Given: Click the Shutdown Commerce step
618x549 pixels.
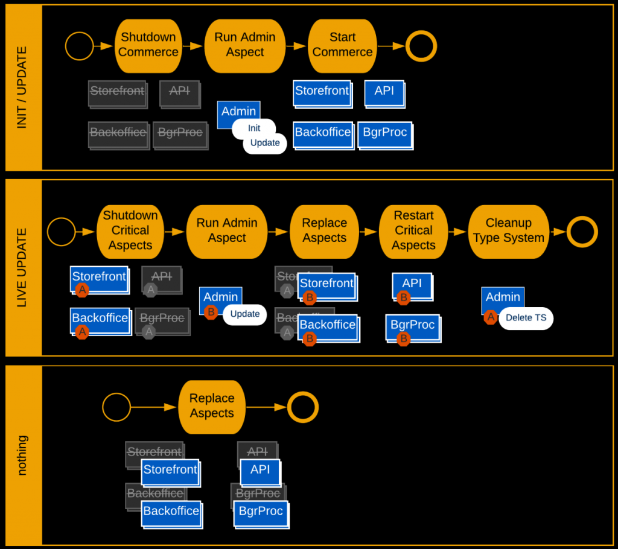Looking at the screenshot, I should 148,45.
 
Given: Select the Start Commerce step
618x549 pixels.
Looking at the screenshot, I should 342,45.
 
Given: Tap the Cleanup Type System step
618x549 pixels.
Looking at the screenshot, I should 509,231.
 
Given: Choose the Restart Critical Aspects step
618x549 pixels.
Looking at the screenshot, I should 413,231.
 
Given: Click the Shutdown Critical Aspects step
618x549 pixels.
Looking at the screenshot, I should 130,231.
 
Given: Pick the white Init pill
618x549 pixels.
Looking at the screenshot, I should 254,128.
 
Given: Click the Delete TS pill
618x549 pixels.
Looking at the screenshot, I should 526,318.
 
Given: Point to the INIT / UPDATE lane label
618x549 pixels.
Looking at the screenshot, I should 22,87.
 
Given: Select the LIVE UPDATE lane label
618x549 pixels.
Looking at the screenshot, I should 22,267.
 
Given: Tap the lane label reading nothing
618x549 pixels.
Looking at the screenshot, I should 22,456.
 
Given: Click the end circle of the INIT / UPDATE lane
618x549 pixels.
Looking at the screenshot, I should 421,46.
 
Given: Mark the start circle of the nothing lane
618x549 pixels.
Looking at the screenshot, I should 116,407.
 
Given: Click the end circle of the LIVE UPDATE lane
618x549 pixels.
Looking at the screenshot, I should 582,232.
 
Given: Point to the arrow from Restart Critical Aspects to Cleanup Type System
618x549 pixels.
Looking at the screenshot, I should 458,232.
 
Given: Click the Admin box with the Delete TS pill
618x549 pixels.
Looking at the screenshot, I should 503,298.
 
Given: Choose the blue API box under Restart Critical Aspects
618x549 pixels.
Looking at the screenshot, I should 412,284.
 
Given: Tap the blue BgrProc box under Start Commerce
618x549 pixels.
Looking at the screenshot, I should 385,134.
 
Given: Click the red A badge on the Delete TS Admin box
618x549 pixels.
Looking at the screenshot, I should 491,317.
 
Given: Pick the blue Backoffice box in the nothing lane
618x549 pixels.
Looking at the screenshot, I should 171,512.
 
